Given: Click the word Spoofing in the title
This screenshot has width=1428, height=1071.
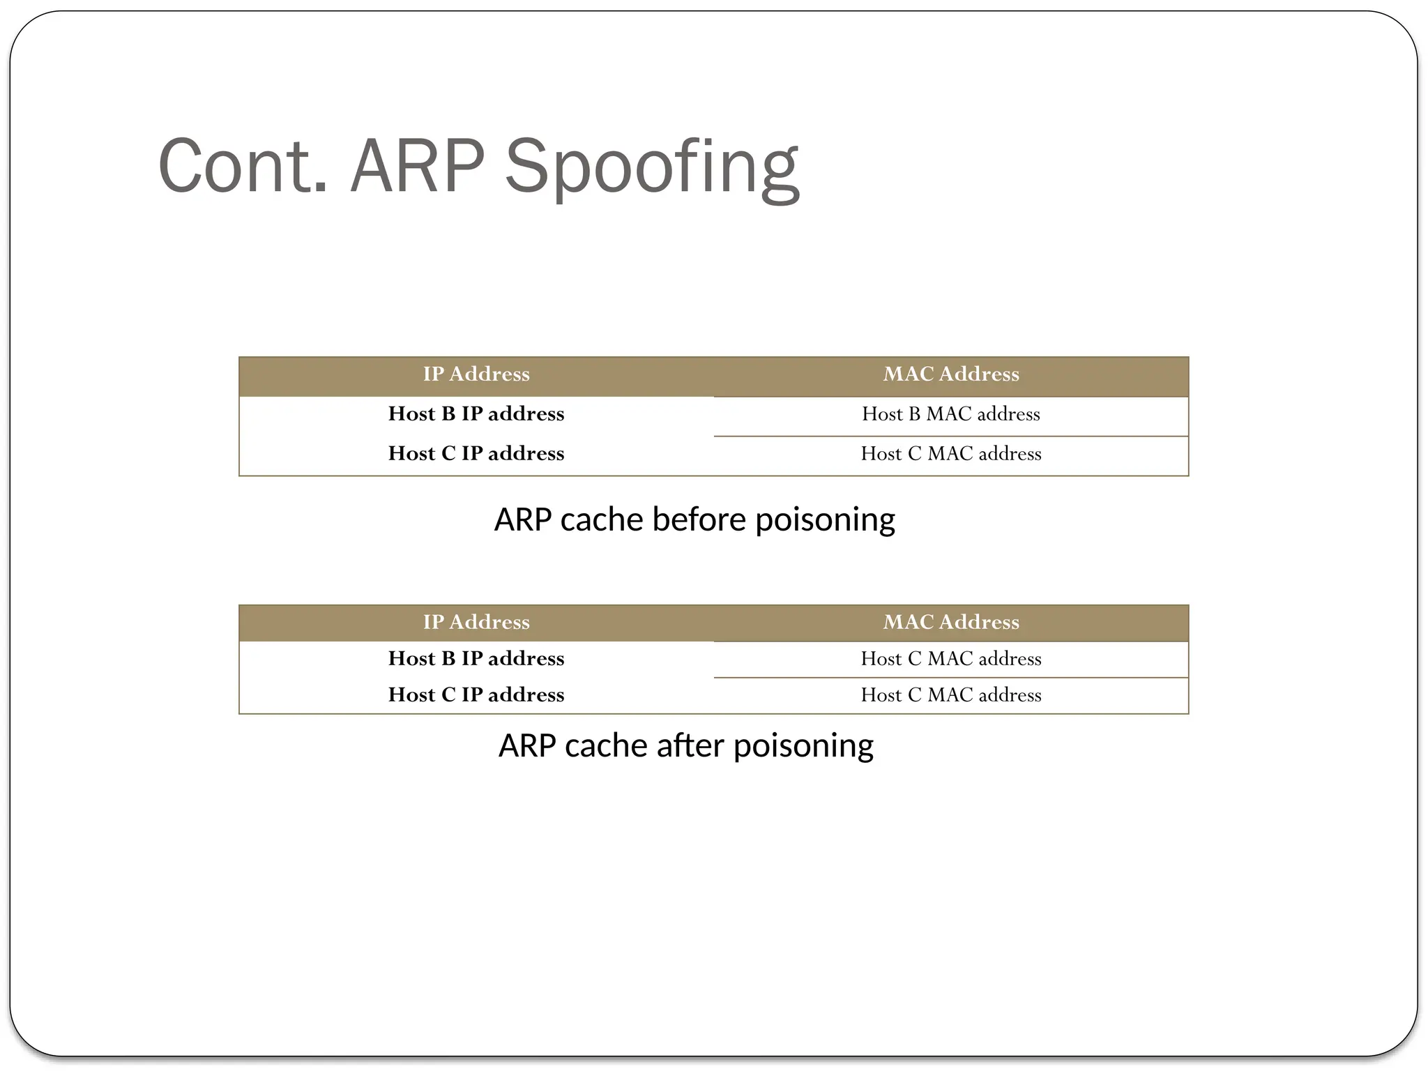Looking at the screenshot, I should tap(651, 167).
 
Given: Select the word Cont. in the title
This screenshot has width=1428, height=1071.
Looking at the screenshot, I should tap(243, 167).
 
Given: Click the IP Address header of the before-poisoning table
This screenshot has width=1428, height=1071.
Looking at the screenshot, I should tap(476, 374).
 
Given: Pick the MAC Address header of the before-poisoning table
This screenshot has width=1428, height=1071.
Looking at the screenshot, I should tap(951, 374).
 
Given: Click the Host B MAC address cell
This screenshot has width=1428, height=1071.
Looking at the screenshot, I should tap(951, 414).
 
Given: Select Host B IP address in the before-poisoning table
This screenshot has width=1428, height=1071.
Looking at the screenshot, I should tap(476, 414).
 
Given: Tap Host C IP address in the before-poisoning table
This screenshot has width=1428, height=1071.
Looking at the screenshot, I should tap(476, 454).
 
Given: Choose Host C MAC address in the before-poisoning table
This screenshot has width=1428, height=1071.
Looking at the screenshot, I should tap(951, 454).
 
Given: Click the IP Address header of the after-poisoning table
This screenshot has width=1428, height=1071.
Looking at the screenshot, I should tap(476, 622).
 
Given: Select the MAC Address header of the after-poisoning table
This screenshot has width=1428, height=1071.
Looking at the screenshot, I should tap(951, 622).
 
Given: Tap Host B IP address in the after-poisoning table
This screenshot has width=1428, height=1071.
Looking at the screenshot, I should tap(476, 659).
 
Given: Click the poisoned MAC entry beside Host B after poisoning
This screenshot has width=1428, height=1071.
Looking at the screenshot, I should tap(951, 659).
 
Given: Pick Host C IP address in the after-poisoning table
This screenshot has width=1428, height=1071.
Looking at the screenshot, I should tap(476, 695).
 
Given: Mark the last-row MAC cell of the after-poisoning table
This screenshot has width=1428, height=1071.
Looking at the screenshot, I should tap(951, 695).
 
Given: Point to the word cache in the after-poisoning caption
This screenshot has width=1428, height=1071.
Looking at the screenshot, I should tap(606, 746).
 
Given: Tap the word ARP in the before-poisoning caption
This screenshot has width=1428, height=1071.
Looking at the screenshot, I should tap(523, 520).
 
